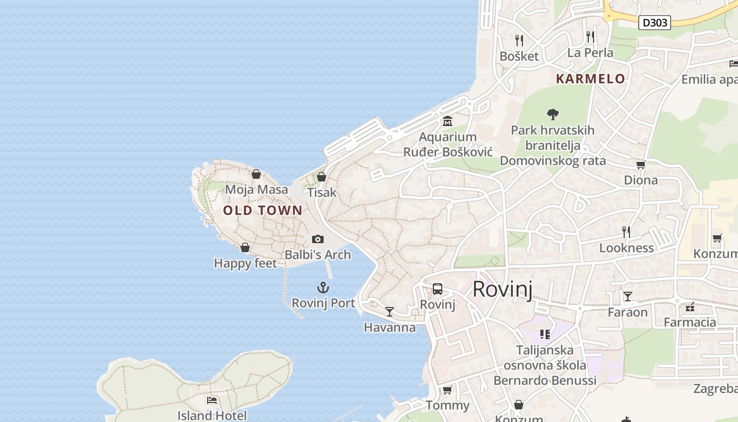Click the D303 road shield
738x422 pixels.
(654, 23)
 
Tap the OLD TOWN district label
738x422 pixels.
(263, 210)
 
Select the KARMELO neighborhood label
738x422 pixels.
(590, 79)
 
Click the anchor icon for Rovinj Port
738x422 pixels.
(323, 287)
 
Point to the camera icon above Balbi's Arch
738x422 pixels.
(317, 239)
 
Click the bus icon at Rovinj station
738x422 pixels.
(438, 289)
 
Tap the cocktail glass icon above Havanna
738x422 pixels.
(389, 312)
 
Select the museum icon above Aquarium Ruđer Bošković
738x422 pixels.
(448, 121)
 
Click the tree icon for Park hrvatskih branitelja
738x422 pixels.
(552, 114)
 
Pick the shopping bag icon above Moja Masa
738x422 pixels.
(256, 174)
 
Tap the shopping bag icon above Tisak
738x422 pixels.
(321, 177)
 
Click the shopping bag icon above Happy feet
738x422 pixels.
(245, 247)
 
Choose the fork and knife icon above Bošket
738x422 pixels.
(519, 41)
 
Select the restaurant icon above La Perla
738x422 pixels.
(590, 37)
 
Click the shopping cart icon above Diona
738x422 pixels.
(640, 165)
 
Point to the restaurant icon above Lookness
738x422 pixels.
(626, 232)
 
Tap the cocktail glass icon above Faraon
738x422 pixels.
(627, 296)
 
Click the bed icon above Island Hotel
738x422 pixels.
(212, 400)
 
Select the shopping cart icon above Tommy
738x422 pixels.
(447, 390)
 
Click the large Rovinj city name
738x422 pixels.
(502, 290)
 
